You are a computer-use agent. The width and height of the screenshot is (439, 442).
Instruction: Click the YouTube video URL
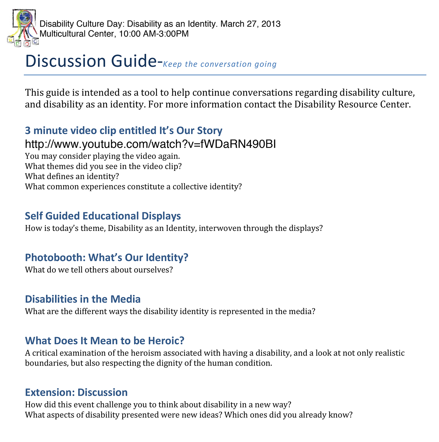point(150,144)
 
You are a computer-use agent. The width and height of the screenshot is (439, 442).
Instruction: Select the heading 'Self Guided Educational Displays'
point(103,216)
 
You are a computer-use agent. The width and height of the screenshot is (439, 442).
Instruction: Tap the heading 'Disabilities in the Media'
point(83,299)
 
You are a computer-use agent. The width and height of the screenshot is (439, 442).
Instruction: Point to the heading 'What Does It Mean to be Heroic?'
point(104,341)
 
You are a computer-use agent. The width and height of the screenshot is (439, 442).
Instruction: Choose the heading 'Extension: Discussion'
point(76,392)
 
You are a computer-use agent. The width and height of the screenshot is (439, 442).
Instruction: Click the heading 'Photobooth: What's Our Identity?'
point(107,258)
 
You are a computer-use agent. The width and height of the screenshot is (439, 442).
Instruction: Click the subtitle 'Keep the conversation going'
point(220,64)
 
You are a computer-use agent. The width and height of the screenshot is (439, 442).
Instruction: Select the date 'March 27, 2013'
point(251,24)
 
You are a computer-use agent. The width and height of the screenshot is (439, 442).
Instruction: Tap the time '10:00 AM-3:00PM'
point(154,34)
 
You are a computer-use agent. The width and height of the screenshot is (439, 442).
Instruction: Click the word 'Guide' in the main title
point(134,61)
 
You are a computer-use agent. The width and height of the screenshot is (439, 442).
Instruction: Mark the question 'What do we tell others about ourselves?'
point(99,270)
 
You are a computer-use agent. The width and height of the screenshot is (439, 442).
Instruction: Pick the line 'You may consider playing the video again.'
point(102,156)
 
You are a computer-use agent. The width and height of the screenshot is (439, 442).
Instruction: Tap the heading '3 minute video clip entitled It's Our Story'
point(124,131)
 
